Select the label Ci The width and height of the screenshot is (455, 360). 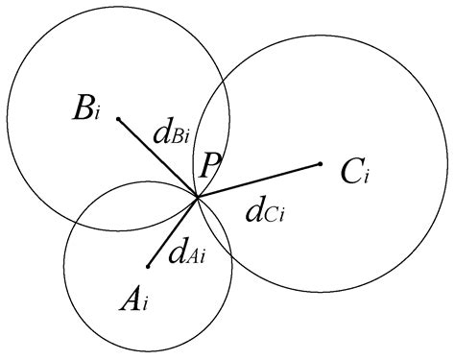(x=355, y=173)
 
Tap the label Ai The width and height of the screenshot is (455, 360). (x=134, y=300)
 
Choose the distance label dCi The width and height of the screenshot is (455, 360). (x=266, y=210)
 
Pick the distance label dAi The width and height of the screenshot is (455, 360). (x=187, y=254)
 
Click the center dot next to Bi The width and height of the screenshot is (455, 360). (x=118, y=119)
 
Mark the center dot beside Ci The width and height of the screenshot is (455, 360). (x=320, y=164)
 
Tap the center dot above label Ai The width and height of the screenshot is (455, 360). (x=148, y=266)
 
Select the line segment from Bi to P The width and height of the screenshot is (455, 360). (x=158, y=159)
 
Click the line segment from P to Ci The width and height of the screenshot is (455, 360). (x=259, y=181)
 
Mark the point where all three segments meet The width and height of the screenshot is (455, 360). (x=198, y=199)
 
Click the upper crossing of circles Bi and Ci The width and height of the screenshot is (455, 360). (x=224, y=84)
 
